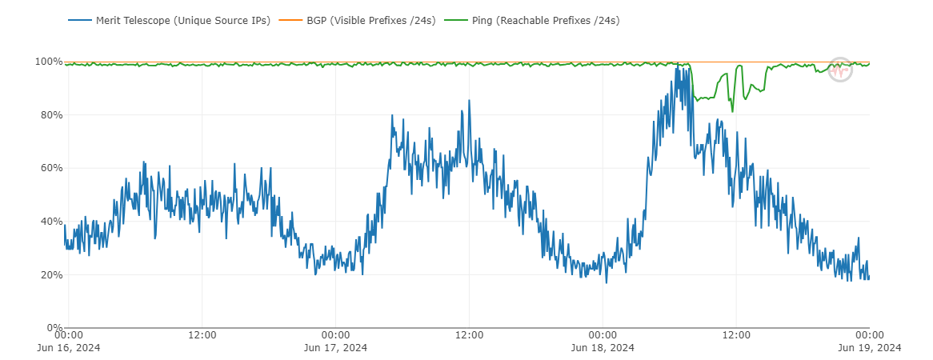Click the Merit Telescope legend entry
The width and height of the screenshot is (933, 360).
click(x=182, y=20)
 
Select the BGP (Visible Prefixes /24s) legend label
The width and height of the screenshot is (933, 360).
click(x=370, y=20)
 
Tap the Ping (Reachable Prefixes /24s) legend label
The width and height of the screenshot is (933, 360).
click(x=558, y=20)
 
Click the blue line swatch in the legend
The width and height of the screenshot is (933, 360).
click(x=78, y=20)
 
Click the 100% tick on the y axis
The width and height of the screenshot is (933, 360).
click(x=49, y=62)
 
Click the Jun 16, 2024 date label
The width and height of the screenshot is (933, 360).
click(x=69, y=347)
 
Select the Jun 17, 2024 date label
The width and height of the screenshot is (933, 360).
click(x=335, y=347)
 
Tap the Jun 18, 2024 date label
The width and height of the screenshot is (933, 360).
click(x=603, y=347)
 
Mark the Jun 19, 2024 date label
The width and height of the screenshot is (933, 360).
click(x=869, y=347)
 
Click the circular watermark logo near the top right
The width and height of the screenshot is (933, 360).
click(x=840, y=70)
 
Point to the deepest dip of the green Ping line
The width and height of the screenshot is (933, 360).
click(x=731, y=111)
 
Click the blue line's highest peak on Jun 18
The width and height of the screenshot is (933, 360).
click(x=678, y=65)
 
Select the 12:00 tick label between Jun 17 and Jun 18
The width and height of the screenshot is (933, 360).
click(x=469, y=334)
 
